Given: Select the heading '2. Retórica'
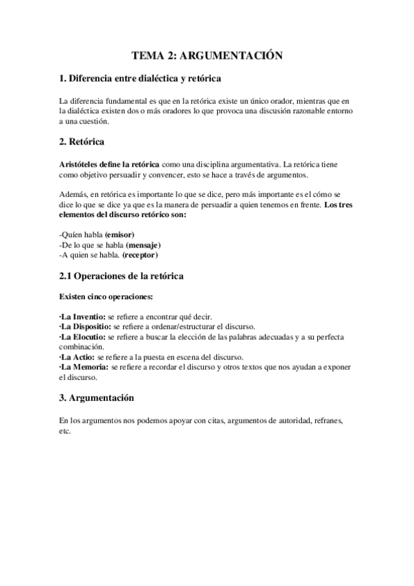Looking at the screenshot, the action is pyautogui.click(x=82, y=142).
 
